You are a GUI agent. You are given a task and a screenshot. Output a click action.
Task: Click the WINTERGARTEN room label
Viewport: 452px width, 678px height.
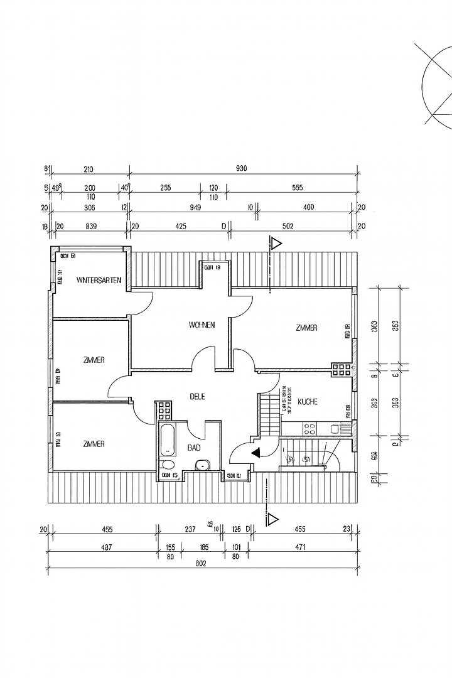[99, 279]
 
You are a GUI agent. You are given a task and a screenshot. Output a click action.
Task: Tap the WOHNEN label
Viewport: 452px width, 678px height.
[202, 325]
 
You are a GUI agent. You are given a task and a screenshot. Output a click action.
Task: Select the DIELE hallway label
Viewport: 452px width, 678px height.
[198, 396]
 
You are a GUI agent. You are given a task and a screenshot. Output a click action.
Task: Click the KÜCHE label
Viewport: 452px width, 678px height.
[308, 401]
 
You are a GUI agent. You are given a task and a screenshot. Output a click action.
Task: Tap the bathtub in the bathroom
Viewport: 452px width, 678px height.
[168, 440]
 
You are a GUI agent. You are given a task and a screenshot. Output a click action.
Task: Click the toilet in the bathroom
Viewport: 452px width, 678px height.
[167, 466]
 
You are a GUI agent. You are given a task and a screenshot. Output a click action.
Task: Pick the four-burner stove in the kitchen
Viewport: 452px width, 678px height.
[309, 429]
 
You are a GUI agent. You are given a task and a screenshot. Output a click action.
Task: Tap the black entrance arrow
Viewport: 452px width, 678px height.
[256, 451]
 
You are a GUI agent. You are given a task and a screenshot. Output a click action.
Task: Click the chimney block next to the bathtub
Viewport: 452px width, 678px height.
[164, 411]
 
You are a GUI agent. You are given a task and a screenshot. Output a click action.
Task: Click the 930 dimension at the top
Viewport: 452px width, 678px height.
[242, 168]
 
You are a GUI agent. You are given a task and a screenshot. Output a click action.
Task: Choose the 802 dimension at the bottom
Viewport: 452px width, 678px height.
[200, 563]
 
